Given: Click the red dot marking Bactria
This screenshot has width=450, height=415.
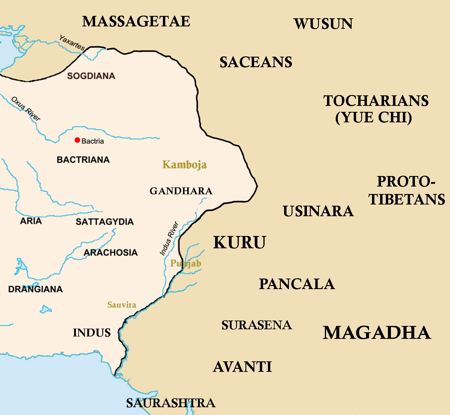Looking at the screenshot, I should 77,140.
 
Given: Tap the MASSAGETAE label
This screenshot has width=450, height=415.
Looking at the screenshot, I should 136,22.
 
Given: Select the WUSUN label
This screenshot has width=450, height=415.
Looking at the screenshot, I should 323,24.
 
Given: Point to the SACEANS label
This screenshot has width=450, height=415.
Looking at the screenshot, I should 256,62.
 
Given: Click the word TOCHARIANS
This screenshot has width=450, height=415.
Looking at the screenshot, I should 376,101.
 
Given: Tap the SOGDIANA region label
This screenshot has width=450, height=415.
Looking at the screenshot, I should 91,76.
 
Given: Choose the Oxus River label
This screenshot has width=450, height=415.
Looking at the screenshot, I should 25,109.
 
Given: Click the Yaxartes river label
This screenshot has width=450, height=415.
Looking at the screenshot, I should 72,43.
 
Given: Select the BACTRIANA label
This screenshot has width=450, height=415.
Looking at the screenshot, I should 83,160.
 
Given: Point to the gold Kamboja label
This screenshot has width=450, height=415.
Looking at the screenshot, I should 184,165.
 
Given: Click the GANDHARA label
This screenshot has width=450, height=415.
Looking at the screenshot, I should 181,191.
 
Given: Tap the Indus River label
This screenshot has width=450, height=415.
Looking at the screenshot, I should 169,239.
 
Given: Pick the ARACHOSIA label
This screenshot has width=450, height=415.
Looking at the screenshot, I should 110,252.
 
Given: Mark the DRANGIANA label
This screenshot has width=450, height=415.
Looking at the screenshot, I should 35,289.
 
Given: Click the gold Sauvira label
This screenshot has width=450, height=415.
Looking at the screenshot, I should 121,305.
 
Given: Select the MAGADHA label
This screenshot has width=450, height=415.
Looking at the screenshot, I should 377,333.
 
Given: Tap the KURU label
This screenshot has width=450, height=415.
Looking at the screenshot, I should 239,243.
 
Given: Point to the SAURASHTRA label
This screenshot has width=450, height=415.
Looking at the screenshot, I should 170,403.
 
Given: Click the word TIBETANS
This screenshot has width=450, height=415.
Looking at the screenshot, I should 407,199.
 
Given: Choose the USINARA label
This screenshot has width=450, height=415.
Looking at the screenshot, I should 318,211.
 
